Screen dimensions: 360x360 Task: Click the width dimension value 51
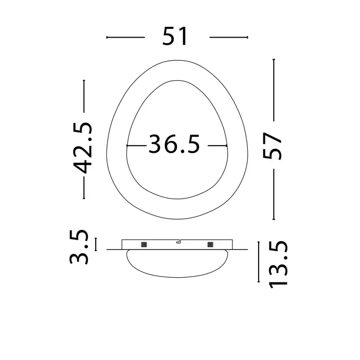(175, 36)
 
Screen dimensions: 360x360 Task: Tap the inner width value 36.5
(174, 144)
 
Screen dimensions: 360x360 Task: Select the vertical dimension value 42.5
(83, 148)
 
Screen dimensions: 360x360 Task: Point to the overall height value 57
(272, 146)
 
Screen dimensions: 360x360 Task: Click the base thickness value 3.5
(79, 247)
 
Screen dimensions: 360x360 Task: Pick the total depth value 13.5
(278, 264)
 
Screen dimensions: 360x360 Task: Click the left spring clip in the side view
(144, 244)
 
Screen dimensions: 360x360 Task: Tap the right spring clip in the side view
(210, 244)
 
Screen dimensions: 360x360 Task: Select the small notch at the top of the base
(178, 241)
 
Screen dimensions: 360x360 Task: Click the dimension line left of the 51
(125, 37)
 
